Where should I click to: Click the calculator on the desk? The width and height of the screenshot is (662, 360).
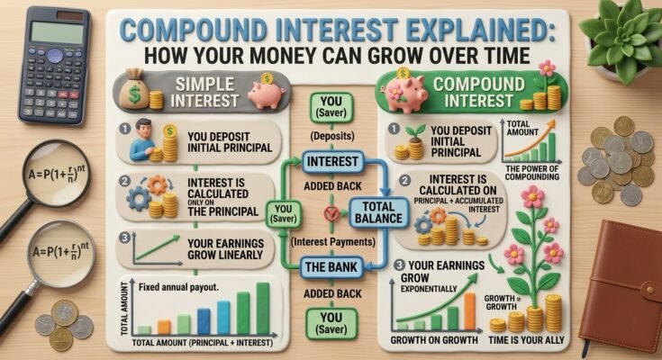(54, 66)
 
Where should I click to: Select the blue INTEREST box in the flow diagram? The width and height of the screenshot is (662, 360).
(332, 162)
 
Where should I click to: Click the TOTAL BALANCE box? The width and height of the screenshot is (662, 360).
(378, 212)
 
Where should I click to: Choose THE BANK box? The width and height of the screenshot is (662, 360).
(331, 267)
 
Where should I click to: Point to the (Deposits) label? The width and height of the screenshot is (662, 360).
(332, 136)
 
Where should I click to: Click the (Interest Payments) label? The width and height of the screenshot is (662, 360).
(333, 242)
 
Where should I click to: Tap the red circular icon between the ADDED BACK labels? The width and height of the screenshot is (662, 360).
(331, 213)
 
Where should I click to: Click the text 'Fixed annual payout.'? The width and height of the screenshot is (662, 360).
(178, 287)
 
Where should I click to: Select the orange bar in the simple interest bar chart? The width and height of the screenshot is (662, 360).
(164, 327)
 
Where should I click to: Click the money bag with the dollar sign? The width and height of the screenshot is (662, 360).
(134, 90)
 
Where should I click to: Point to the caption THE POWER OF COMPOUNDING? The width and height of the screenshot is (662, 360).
(532, 173)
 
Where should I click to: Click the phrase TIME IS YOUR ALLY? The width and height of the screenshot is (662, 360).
(526, 340)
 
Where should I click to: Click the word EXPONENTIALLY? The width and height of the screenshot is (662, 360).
(429, 289)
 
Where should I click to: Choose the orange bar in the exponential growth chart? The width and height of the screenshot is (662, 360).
(469, 311)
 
